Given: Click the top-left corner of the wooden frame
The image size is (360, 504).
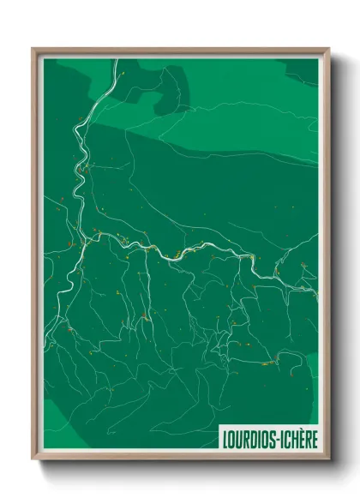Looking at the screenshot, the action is point(33,49).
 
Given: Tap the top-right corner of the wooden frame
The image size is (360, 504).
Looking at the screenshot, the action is point(329,49).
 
